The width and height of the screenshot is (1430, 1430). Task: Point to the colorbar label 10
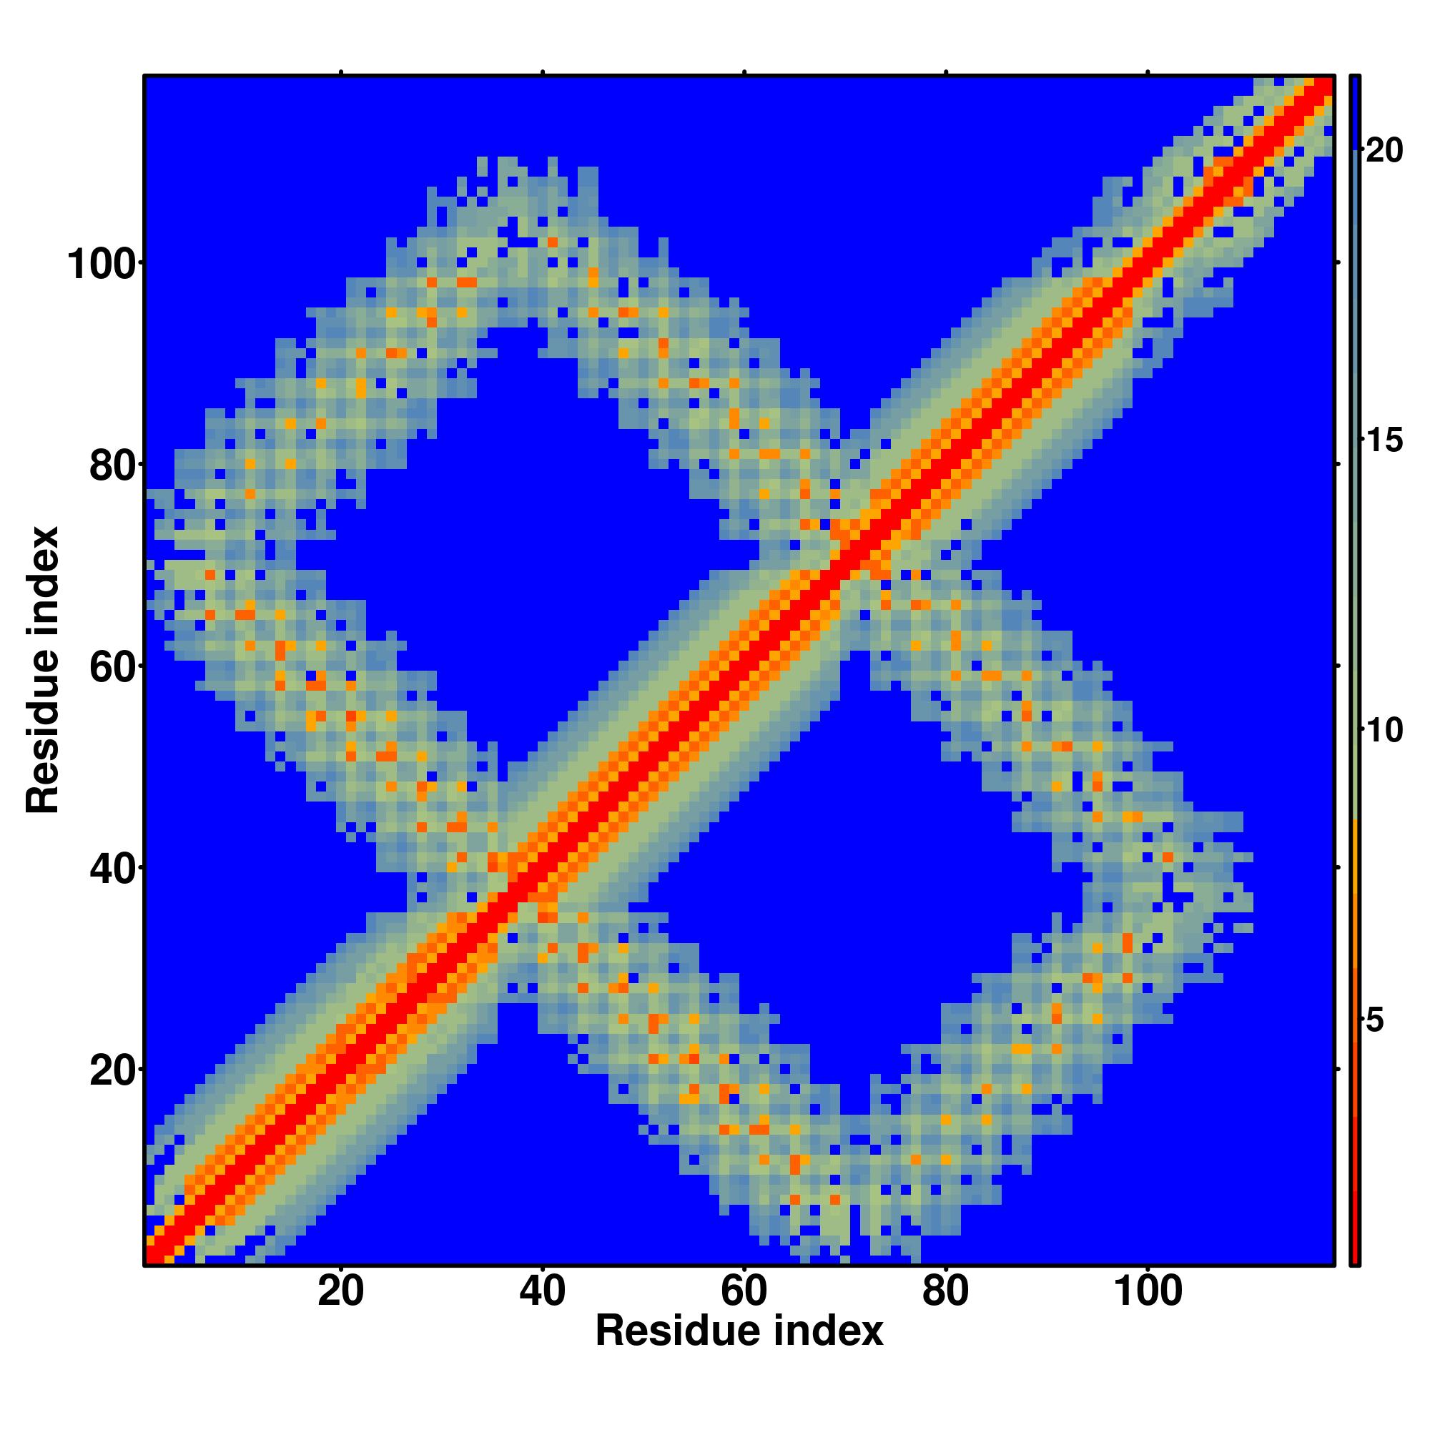(x=1384, y=731)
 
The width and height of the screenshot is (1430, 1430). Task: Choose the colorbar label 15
(x=1384, y=441)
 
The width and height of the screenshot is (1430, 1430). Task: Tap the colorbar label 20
(x=1384, y=151)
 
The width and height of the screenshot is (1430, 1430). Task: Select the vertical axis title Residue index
(x=43, y=670)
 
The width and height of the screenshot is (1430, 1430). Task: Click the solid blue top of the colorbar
(x=1354, y=111)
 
